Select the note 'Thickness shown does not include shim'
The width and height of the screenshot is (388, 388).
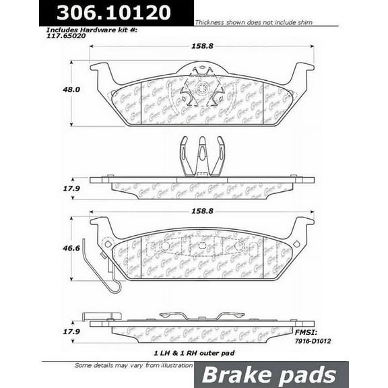(255, 22)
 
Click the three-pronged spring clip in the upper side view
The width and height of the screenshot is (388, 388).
(201, 156)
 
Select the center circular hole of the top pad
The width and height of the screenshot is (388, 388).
(201, 88)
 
